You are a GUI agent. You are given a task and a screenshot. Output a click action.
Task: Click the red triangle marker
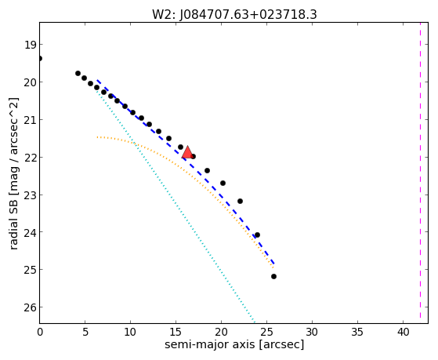click(x=187, y=152)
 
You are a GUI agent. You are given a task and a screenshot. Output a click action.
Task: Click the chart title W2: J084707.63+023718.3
click(x=234, y=15)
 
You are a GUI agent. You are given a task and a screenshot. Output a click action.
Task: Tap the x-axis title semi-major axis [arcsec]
click(x=234, y=344)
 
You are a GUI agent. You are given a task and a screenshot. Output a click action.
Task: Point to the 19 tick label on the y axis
click(x=30, y=45)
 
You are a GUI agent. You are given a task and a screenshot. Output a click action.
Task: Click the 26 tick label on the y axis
click(x=30, y=307)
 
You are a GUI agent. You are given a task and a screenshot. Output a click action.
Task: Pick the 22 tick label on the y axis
click(x=30, y=157)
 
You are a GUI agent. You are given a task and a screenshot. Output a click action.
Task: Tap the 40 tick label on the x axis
click(x=403, y=332)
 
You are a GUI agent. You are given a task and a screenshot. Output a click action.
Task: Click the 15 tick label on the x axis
click(x=176, y=332)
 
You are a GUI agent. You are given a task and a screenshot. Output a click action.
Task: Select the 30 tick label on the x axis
click(x=312, y=332)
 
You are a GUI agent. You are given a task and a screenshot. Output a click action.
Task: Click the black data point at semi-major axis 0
click(x=40, y=59)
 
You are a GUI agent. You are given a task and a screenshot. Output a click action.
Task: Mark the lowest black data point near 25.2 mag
click(x=273, y=276)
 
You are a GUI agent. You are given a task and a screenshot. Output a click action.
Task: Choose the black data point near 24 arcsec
click(x=257, y=235)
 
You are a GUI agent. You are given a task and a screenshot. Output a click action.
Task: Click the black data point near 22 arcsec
click(x=240, y=201)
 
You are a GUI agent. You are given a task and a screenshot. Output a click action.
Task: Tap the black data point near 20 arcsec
click(x=223, y=184)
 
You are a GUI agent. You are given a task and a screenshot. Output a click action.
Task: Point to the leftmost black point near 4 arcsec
click(x=78, y=73)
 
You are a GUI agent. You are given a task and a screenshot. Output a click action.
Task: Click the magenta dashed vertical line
click(x=420, y=170)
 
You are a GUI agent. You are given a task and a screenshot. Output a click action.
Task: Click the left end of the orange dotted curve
click(x=97, y=137)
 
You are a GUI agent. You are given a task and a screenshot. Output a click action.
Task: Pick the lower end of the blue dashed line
click(x=274, y=264)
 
